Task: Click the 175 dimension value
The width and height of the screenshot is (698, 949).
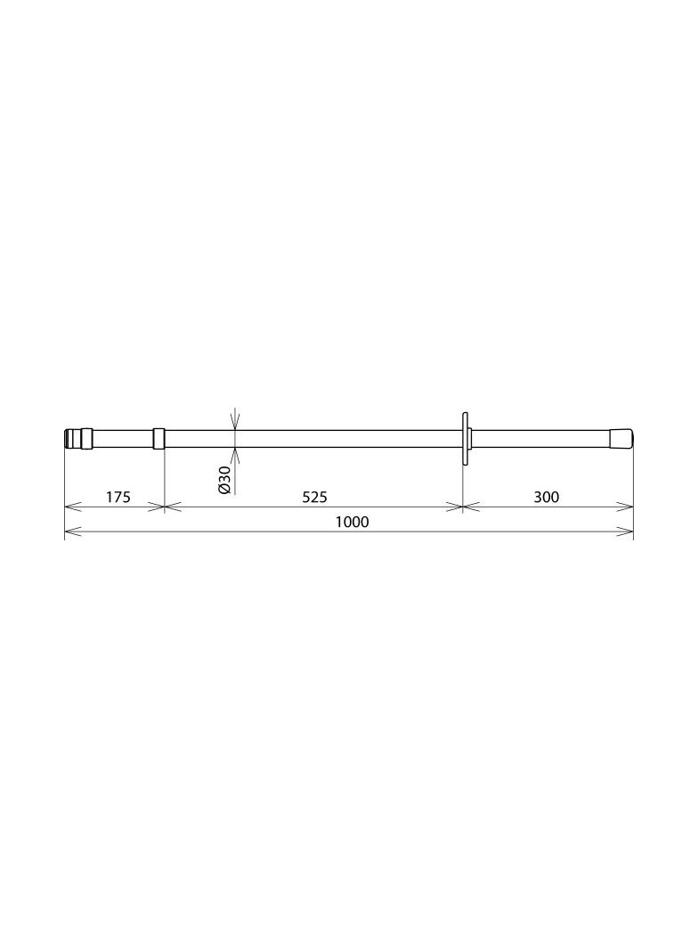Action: coord(118,497)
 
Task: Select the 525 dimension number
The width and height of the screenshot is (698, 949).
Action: coord(315,497)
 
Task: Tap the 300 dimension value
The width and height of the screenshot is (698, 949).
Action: coord(547,497)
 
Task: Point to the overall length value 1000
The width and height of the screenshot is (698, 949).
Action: coord(353,522)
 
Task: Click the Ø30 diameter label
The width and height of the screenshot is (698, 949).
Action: coord(224,480)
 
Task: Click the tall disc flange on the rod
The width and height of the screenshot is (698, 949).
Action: coord(465,439)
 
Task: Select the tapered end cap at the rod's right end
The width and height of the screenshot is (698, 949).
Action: coord(621,438)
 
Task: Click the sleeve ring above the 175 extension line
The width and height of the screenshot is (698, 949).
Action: coord(158,438)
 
